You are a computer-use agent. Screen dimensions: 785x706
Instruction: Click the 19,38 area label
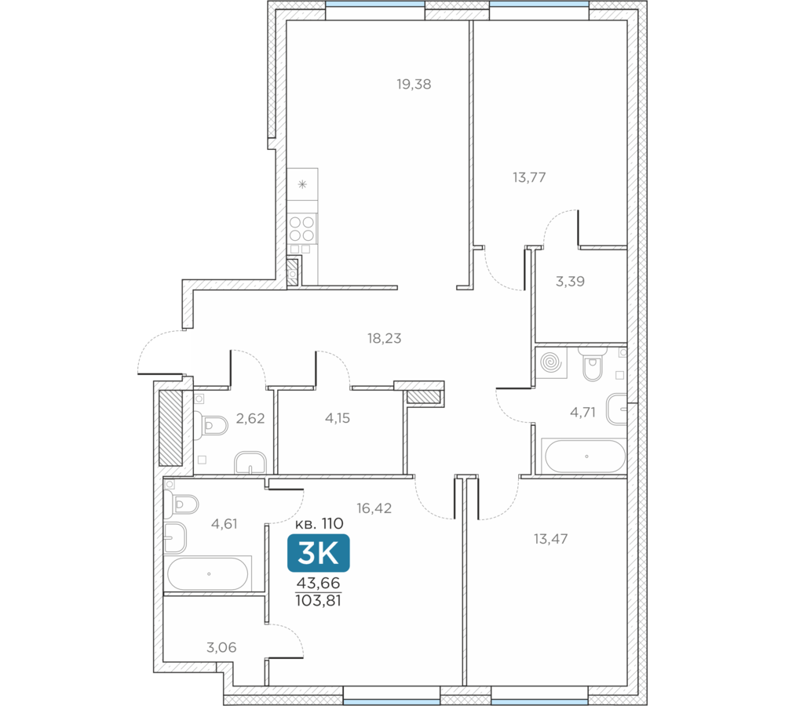click(x=414, y=84)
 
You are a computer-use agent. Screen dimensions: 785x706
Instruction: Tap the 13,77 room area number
click(x=529, y=177)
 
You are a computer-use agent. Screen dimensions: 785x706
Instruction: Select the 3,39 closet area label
click(x=570, y=281)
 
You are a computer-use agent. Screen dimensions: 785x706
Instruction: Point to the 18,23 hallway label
click(x=384, y=338)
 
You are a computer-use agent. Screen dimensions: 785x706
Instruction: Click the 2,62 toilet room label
click(x=250, y=418)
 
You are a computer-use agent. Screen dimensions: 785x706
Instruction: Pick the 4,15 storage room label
click(x=338, y=418)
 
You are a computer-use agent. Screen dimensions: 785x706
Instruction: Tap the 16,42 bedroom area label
click(x=374, y=508)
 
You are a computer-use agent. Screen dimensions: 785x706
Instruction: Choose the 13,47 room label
click(x=551, y=539)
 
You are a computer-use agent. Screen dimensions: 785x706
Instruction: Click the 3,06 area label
click(x=221, y=647)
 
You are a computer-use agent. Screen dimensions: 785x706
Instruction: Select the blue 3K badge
click(x=319, y=553)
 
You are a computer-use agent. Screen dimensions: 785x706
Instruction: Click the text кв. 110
click(x=319, y=524)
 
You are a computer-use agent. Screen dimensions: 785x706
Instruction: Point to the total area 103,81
click(x=319, y=600)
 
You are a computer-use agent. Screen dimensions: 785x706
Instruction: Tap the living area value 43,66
click(x=319, y=583)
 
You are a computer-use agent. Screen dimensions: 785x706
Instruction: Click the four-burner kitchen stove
click(x=302, y=228)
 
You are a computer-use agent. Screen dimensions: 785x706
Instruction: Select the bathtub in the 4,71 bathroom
click(x=586, y=457)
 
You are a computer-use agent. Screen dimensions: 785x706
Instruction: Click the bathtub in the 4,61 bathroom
click(x=208, y=574)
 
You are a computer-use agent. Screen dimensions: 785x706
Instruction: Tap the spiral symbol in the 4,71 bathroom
click(x=551, y=362)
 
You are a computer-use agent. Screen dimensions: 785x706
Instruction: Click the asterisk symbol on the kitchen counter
click(x=302, y=184)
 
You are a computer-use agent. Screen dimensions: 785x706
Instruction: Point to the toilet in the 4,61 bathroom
click(x=181, y=504)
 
